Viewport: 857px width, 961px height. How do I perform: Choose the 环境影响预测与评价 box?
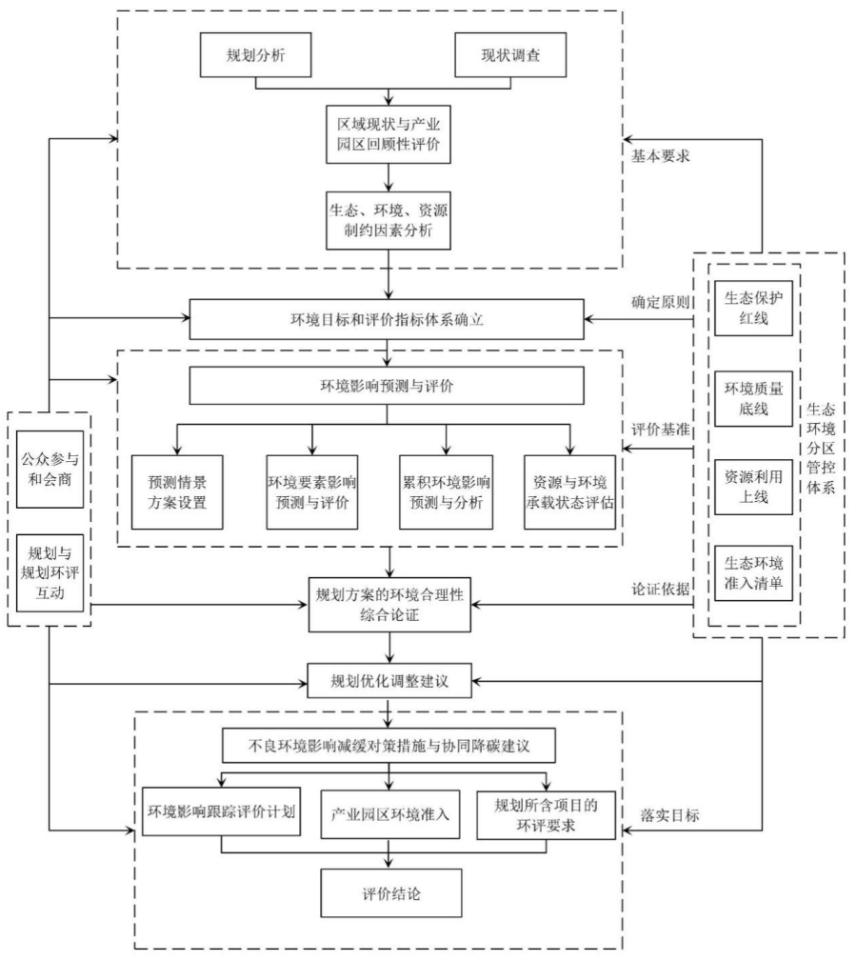pos(386,387)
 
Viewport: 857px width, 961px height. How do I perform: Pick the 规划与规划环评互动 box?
pos(50,571)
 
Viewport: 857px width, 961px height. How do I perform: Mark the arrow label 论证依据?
pos(660,589)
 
